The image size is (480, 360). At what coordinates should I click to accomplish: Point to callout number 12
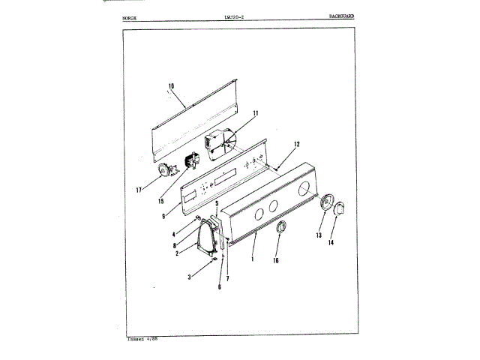296,144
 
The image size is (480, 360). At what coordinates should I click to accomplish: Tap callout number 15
161,200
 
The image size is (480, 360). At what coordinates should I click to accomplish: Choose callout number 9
163,217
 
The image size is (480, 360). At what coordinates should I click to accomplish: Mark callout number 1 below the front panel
253,259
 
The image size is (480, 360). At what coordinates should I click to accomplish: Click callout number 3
189,277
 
